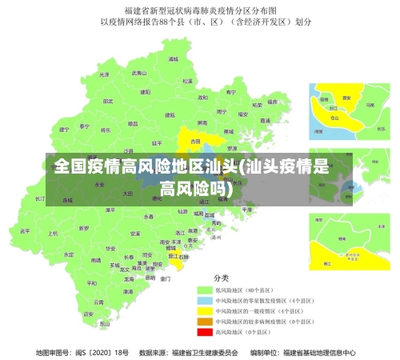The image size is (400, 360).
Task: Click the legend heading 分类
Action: coord(222,278)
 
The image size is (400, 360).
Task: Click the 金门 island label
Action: coord(165,279)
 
